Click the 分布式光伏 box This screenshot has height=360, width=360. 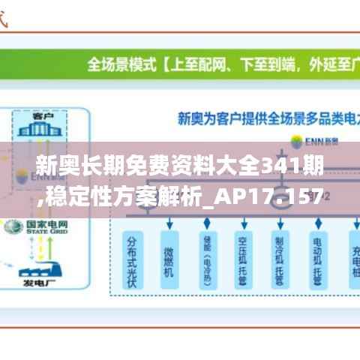133,259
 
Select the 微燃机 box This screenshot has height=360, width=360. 169,259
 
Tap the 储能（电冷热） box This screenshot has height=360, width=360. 206,259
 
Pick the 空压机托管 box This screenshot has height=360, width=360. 243,259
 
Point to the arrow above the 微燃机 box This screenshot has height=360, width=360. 169,222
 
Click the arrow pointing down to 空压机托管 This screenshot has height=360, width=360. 243,222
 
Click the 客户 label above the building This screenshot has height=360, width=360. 42,117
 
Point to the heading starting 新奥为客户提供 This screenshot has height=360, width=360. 255,118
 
